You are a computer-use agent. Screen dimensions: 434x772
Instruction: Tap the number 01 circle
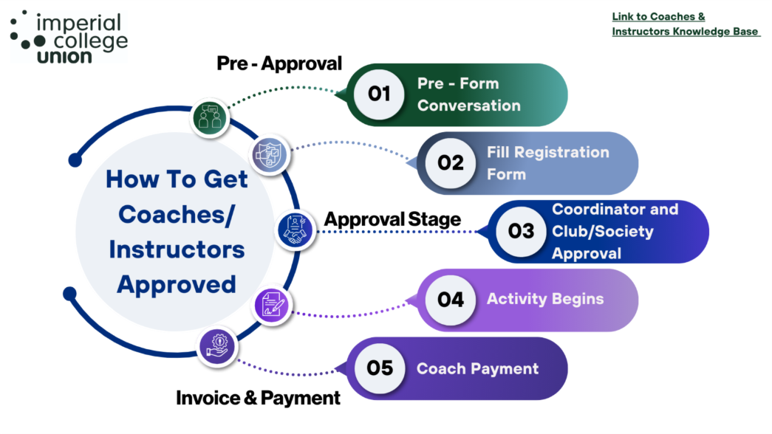pos(379,94)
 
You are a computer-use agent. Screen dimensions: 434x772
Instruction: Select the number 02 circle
pos(450,163)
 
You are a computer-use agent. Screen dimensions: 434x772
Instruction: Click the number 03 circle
pos(521,232)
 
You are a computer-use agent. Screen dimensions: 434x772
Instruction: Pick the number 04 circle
pos(450,300)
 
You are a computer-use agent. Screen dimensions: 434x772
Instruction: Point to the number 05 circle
pos(379,368)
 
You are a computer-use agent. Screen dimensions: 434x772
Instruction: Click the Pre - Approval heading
pos(279,63)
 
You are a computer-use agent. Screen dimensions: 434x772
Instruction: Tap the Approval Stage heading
pos(392,219)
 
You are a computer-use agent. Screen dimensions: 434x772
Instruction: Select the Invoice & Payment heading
pos(258,398)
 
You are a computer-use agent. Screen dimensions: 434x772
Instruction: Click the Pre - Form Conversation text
pos(468,94)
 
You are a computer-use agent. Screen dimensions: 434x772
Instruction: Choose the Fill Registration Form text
pos(547,163)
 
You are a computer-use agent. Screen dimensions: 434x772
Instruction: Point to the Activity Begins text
pos(544,299)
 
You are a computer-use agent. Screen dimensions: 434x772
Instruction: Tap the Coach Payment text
pos(477,368)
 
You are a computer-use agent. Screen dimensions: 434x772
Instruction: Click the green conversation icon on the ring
pos(210,117)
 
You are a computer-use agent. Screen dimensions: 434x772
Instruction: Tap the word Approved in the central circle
pos(177,284)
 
